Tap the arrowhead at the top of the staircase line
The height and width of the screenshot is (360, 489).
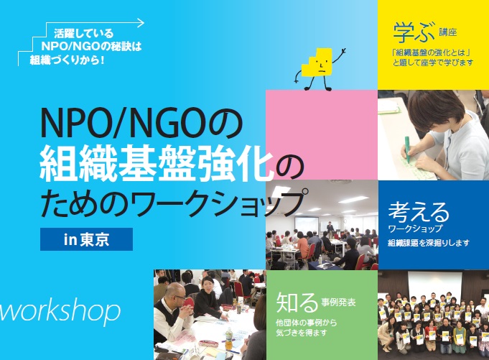[x=141, y=23]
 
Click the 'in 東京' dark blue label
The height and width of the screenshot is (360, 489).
[x=86, y=239]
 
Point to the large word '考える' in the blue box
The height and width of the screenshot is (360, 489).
[x=419, y=211]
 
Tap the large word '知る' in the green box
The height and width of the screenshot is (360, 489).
[x=297, y=302]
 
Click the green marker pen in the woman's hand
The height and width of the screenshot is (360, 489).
[x=408, y=149]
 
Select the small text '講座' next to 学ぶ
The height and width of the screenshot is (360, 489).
[x=448, y=32]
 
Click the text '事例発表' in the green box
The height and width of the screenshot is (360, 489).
[x=338, y=303]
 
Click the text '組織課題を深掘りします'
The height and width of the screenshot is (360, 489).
[x=429, y=243]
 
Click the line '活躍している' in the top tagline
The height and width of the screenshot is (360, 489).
[x=83, y=33]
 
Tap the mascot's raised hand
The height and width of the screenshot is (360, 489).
[x=343, y=51]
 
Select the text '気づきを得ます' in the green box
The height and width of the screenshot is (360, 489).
[x=302, y=333]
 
